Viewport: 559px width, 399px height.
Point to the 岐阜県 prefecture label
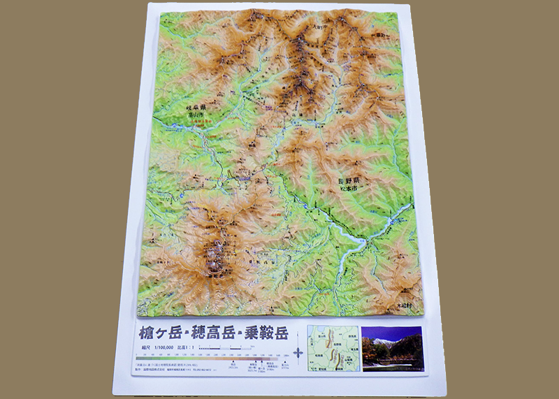click(198, 108)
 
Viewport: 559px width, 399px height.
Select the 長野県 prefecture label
click(347, 180)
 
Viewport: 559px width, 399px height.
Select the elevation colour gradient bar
click(210, 359)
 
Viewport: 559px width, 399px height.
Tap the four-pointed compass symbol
click(298, 353)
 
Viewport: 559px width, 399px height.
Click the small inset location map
click(333, 347)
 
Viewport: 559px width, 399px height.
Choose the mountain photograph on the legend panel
click(391, 347)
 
